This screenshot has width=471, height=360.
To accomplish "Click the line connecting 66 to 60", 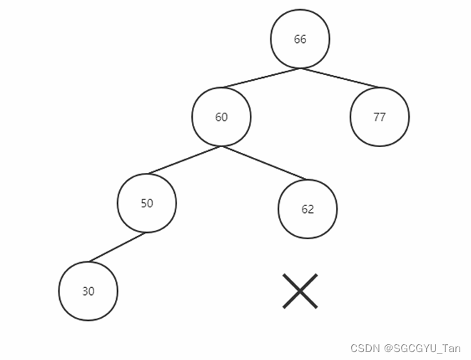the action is click(260, 79).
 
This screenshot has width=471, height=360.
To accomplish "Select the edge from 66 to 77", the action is click(340, 79).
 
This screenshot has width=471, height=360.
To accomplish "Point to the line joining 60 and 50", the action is click(184, 160).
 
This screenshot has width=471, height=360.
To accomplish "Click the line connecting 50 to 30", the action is click(117, 247).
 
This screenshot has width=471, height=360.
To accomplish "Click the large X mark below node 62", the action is click(300, 291).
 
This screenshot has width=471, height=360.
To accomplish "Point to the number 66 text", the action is click(300, 39).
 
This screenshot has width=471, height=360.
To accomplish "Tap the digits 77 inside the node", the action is click(380, 117).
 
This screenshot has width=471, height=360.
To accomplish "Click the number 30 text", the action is click(88, 291).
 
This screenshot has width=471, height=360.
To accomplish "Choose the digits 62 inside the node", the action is click(308, 210).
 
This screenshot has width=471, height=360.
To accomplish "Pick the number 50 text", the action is click(147, 203).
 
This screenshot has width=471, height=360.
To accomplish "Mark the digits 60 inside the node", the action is click(221, 117).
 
